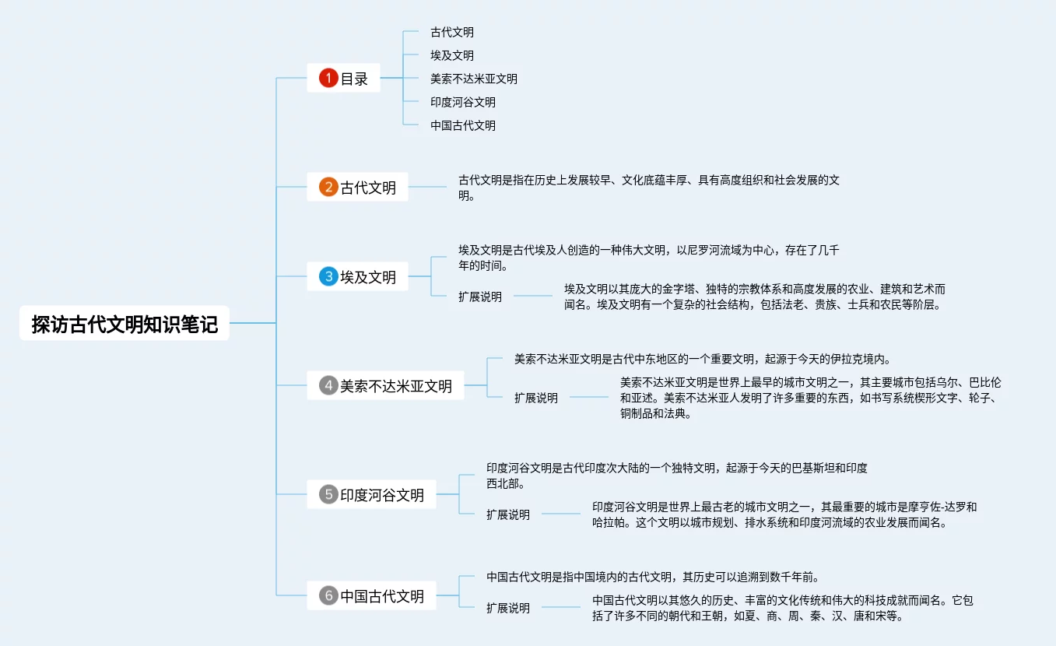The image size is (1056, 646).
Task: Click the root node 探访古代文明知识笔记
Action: pos(125,323)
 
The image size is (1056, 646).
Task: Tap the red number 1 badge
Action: pos(328,78)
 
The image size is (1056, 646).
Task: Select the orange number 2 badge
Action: pos(328,187)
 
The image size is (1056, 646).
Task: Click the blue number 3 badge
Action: pos(328,276)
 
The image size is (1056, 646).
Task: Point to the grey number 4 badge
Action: pos(328,385)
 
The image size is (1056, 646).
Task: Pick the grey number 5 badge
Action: pos(328,494)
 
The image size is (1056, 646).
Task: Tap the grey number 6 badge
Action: pos(328,596)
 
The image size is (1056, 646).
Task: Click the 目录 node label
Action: pos(354,79)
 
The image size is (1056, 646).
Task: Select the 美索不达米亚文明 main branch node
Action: pos(396,386)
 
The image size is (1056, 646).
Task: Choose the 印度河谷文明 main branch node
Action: pos(382,495)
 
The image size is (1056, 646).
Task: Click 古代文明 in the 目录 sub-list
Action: pos(452,33)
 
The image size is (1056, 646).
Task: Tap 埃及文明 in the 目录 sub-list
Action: pos(452,56)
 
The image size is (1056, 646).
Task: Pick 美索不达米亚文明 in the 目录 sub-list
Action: pos(474,79)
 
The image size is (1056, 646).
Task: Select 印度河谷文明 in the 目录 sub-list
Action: pos(463,102)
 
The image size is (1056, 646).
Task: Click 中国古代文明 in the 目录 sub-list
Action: pos(463,125)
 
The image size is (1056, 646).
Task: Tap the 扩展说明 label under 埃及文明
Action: pos(480,297)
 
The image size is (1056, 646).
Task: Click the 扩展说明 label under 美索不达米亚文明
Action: pos(536,398)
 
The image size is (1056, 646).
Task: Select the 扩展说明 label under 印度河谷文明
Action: pos(508,514)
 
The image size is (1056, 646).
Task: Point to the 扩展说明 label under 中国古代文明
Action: pos(508,608)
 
